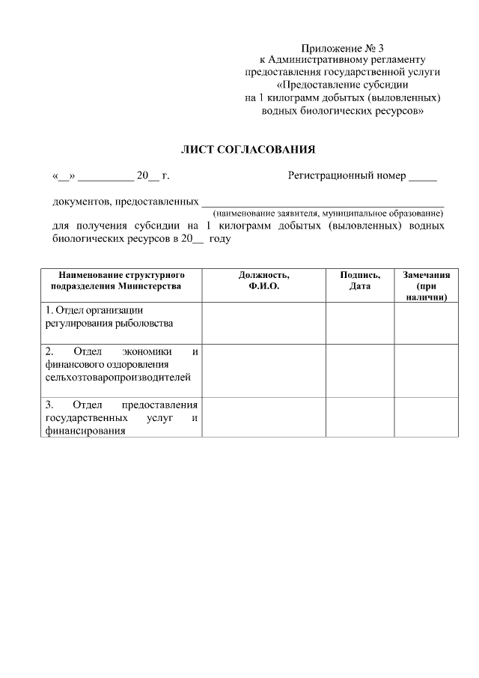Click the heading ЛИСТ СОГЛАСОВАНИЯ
click(248, 149)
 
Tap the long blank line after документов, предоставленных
click(323, 202)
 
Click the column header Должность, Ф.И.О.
click(263, 281)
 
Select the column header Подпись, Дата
click(359, 281)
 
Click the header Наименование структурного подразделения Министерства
click(121, 281)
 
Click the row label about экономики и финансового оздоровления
click(121, 364)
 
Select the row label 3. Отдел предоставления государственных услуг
click(121, 417)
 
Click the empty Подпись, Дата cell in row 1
click(359, 323)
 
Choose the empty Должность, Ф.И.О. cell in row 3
click(263, 417)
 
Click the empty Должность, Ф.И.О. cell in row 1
click(263, 323)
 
